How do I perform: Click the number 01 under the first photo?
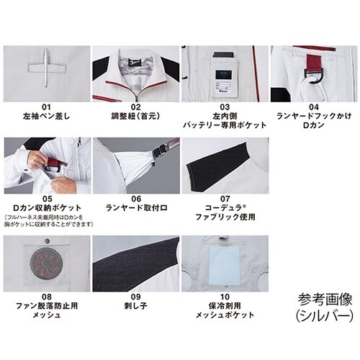pos(47,105)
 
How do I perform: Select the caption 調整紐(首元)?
pos(136,115)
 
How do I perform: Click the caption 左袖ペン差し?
pos(47,115)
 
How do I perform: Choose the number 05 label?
pos(47,199)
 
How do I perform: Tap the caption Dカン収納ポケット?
pos(47,209)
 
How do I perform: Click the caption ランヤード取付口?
pos(136,209)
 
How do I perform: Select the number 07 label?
pos(225,199)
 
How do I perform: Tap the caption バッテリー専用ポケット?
pos(225,125)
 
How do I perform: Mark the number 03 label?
pos(225,105)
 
